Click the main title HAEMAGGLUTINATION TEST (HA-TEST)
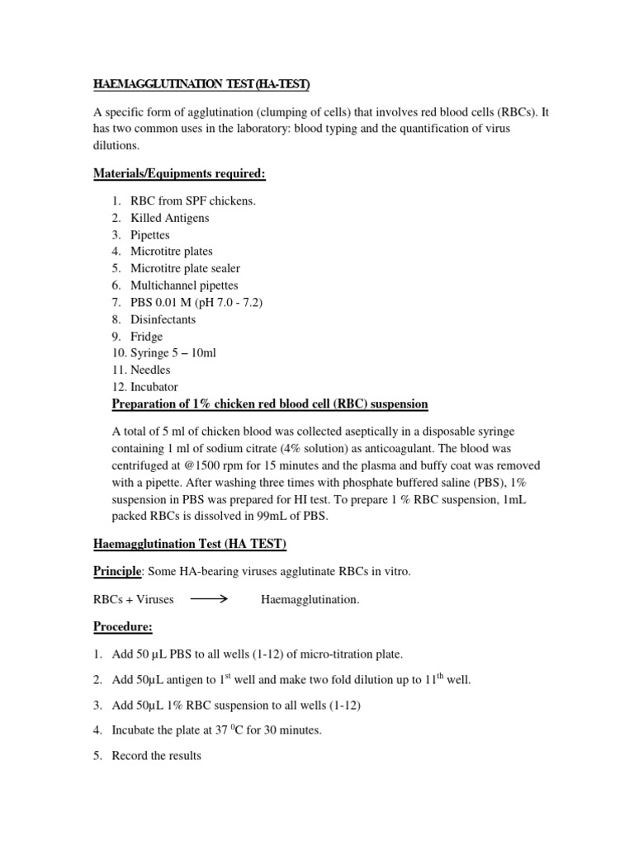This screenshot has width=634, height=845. (x=201, y=85)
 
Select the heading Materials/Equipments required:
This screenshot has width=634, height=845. (x=188, y=173)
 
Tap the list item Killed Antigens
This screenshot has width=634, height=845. (x=169, y=218)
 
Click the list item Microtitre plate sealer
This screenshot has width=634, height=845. (x=185, y=268)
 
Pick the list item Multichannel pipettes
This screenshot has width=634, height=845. (x=184, y=286)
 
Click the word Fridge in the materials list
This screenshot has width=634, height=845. (x=146, y=337)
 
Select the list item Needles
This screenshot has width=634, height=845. (x=150, y=371)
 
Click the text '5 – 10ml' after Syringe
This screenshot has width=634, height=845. (x=192, y=353)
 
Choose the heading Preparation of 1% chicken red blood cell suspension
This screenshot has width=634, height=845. (x=270, y=404)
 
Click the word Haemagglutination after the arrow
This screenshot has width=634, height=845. (x=310, y=600)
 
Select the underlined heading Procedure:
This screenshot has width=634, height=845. (x=121, y=627)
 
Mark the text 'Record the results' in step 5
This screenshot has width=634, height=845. (x=156, y=755)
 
